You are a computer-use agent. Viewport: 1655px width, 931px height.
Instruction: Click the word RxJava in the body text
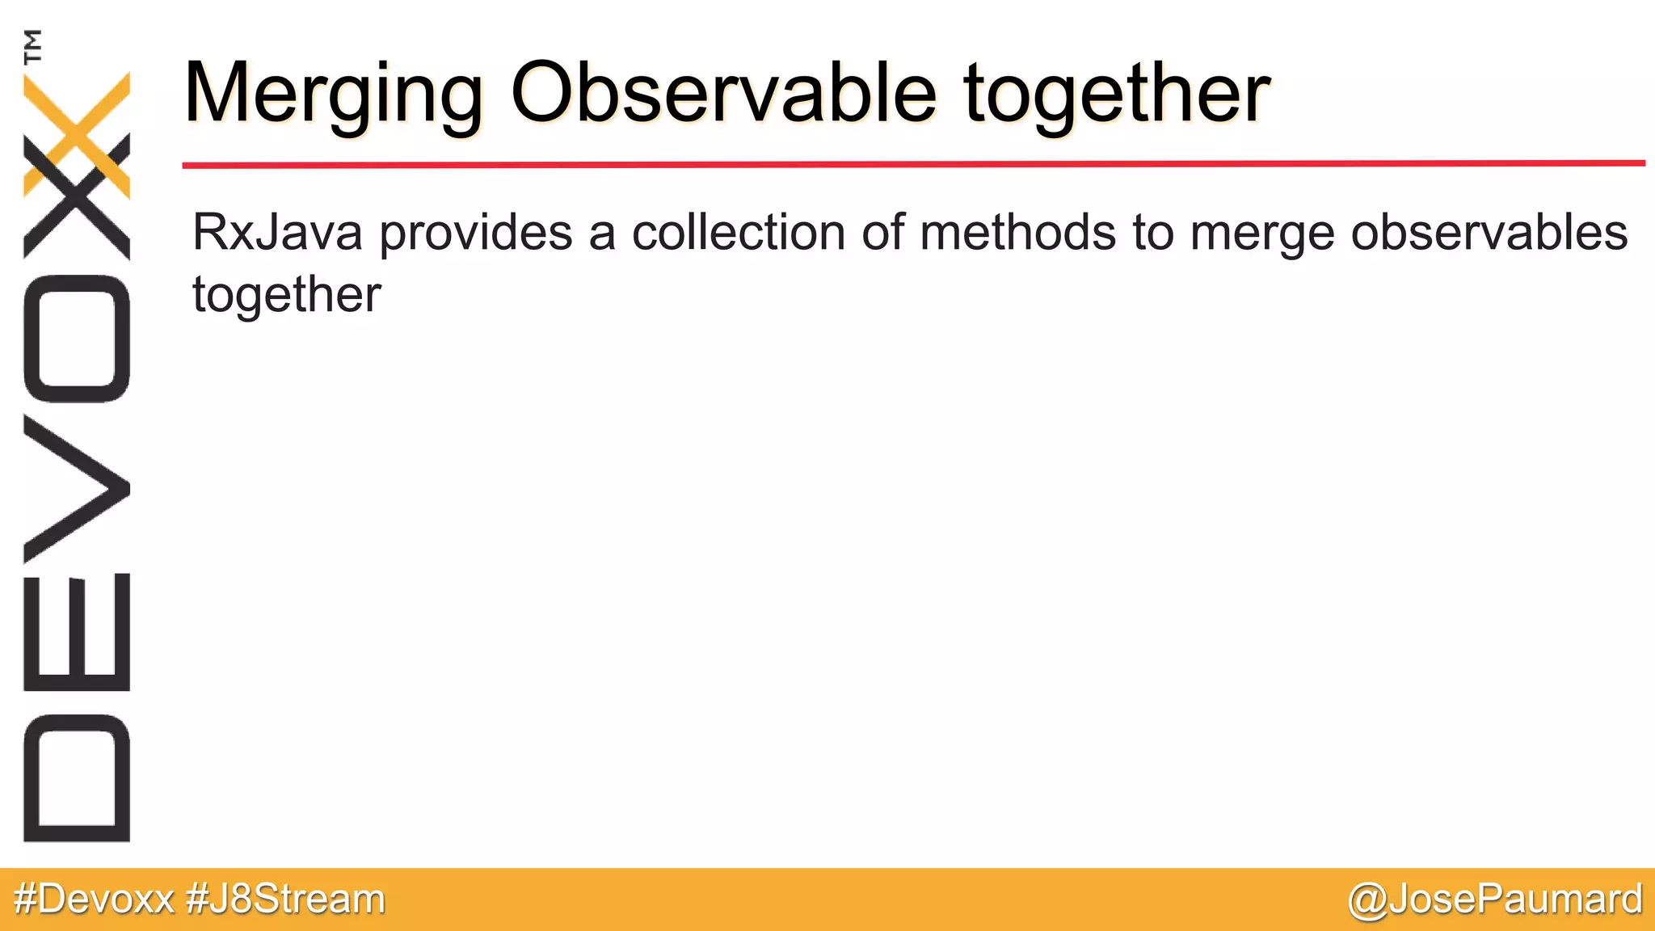click(277, 233)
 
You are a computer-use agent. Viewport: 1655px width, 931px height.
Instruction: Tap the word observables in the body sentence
click(1489, 233)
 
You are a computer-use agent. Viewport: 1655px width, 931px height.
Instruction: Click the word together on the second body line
click(286, 296)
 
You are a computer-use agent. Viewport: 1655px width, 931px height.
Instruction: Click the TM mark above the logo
click(33, 46)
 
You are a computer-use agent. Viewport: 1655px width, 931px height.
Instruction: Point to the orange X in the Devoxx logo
click(77, 133)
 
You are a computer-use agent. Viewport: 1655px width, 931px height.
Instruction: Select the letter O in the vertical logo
click(77, 339)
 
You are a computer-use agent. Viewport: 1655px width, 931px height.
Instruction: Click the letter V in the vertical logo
click(77, 489)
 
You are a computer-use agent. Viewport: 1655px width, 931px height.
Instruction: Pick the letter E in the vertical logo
click(77, 632)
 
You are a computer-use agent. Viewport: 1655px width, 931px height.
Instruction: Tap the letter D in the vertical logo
click(77, 778)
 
